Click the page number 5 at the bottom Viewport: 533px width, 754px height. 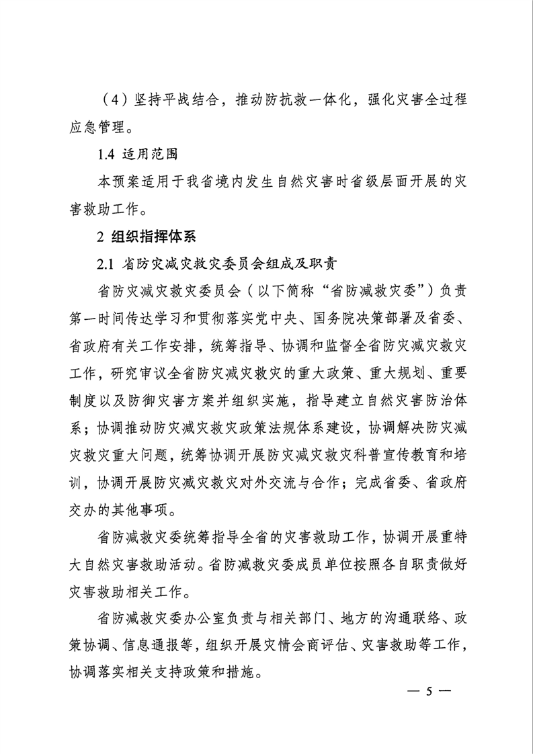[428, 693]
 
